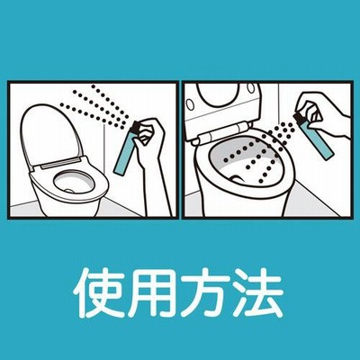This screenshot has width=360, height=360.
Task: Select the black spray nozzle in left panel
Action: pos(135,127)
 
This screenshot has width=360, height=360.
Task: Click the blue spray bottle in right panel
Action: pos(318,139)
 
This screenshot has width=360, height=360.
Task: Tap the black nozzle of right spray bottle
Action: pos(299,117)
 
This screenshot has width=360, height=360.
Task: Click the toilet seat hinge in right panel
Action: pos(222,132)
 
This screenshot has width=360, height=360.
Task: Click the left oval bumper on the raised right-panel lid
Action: pos(190,104)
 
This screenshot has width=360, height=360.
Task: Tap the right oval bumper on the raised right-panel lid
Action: pos(250,87)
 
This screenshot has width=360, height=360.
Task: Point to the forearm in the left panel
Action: pos(157,186)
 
